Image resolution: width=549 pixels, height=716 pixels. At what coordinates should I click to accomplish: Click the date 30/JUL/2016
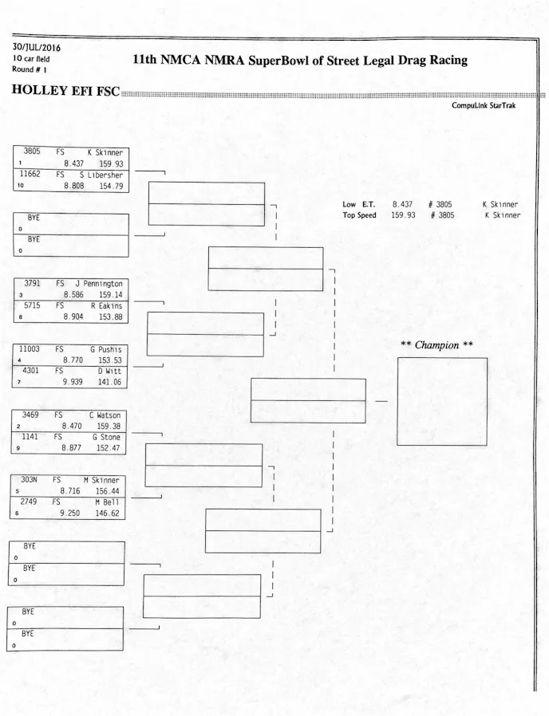(36, 47)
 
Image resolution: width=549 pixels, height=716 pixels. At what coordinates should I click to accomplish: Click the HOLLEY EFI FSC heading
(65, 91)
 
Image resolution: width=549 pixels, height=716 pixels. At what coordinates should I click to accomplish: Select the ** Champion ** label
(436, 345)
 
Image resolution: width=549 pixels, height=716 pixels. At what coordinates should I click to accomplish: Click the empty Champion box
(441, 401)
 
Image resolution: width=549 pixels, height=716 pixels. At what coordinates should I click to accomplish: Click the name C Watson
(105, 415)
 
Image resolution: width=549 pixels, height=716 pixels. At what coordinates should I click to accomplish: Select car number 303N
(30, 480)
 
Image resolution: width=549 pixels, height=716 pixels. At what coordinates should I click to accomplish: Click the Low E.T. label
(358, 205)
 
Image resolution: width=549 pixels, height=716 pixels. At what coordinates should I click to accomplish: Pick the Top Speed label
(359, 215)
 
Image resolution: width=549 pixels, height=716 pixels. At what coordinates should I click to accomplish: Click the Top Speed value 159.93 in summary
(403, 215)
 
